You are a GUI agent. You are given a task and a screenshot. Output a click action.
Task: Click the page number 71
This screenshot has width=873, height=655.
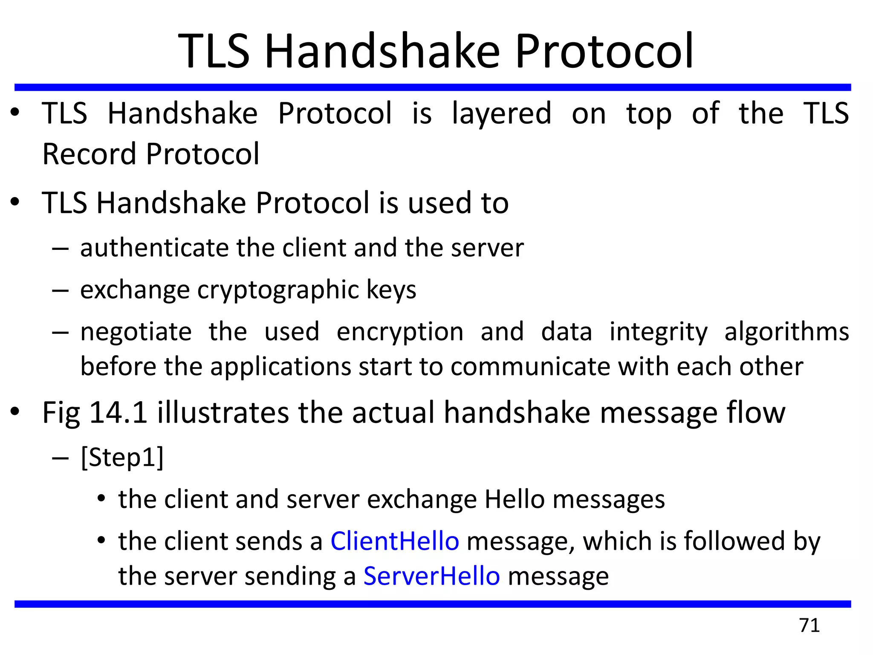[x=809, y=625]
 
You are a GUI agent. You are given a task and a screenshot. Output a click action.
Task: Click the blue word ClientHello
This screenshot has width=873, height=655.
[x=395, y=541]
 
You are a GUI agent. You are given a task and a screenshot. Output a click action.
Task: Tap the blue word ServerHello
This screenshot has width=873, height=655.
[x=431, y=576]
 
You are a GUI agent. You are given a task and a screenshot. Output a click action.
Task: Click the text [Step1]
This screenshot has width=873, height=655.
[x=122, y=458]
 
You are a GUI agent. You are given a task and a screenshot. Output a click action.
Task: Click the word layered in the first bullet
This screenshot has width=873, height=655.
[x=501, y=114]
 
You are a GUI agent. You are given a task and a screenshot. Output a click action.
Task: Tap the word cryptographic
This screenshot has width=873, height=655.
[x=278, y=290]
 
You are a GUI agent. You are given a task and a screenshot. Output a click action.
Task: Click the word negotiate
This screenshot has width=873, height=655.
[x=136, y=332]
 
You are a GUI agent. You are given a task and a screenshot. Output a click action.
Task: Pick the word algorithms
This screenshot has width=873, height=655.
[x=786, y=332]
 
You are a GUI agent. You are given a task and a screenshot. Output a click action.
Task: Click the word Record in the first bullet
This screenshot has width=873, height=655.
[x=90, y=154]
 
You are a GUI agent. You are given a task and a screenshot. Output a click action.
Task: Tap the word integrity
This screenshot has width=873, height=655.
[x=658, y=332]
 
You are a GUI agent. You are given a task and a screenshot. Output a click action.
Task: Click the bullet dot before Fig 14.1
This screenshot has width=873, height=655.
[x=15, y=412]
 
